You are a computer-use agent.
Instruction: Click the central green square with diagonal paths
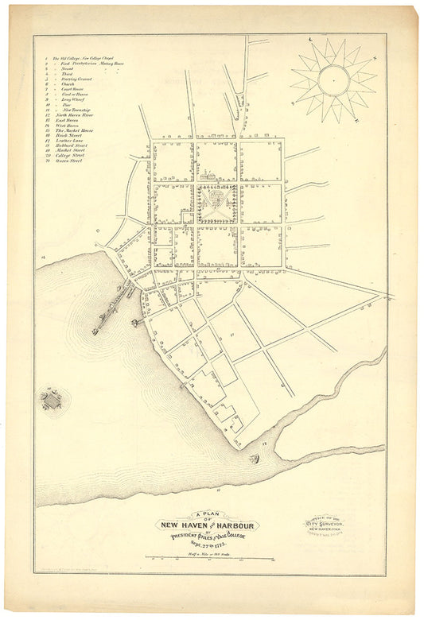[x=217, y=203]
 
